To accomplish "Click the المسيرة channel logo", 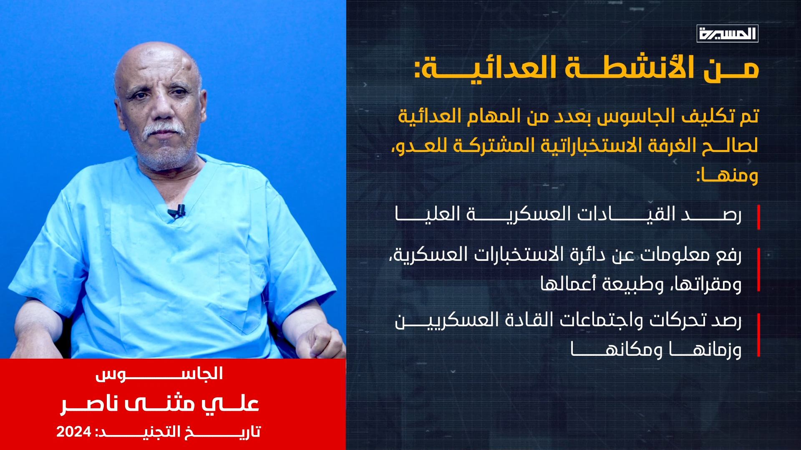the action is [727, 33].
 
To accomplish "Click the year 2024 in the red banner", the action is [73, 432].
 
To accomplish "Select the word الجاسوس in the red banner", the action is [159, 374].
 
